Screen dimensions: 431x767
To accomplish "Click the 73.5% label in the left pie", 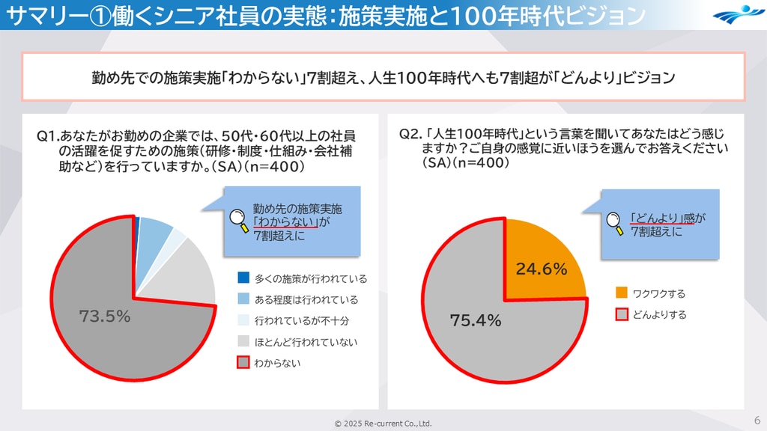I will [105, 317].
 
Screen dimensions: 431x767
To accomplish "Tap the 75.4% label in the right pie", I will [475, 321].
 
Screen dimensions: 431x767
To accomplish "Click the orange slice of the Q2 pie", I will [543, 254].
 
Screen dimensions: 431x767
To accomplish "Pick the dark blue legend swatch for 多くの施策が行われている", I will [243, 278].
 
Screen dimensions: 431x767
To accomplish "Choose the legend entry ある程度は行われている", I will [306, 299].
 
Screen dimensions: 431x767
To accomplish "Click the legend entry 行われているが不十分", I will [301, 321].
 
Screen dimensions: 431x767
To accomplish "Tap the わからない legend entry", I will [277, 363].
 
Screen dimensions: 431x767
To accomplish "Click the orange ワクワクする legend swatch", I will [622, 293].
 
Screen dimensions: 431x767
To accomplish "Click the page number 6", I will [757, 419].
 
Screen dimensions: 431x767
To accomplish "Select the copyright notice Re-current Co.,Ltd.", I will [383, 424].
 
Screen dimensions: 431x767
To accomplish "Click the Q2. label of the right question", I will [410, 135].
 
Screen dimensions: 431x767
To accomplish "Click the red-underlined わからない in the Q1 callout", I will [286, 222].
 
